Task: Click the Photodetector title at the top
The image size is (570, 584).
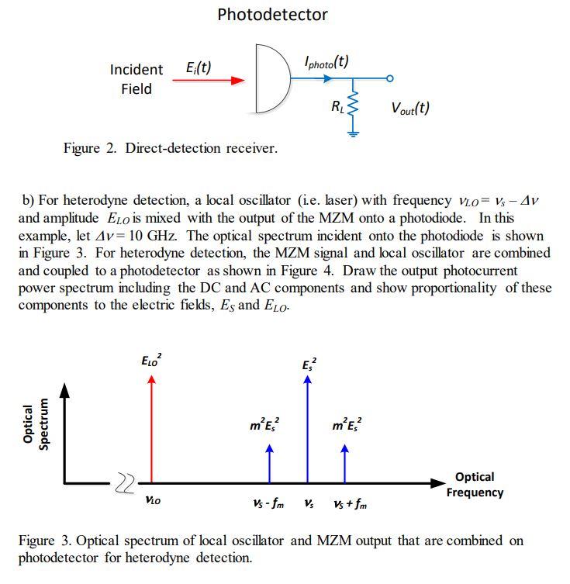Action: coord(272,15)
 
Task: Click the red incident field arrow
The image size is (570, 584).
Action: coord(209,80)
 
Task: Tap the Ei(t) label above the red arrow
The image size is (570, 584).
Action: coord(199,67)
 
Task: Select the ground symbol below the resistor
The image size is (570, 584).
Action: coord(354,133)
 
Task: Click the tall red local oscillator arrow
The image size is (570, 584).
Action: coord(152,427)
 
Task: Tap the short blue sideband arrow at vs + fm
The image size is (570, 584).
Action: coord(346,462)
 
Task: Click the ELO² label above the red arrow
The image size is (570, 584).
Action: coord(151,361)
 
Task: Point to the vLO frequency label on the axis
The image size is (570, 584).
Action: coord(153,501)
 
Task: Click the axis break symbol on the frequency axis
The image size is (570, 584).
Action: coord(126,483)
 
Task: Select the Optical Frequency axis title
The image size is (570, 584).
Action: coord(475,484)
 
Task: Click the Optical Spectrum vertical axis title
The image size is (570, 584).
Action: coord(36,426)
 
